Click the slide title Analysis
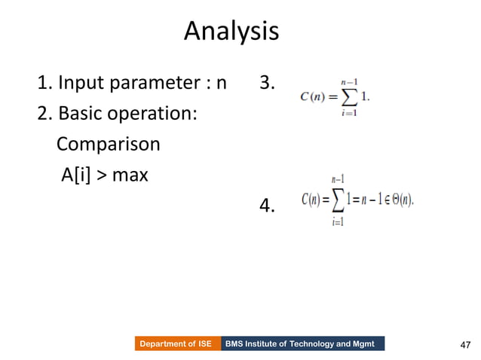[x=231, y=32]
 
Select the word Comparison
[x=109, y=144]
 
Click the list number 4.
[x=267, y=205]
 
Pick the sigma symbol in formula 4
[x=339, y=200]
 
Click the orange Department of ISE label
[x=178, y=343]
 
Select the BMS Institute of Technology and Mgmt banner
[x=303, y=343]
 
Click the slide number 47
[x=464, y=345]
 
